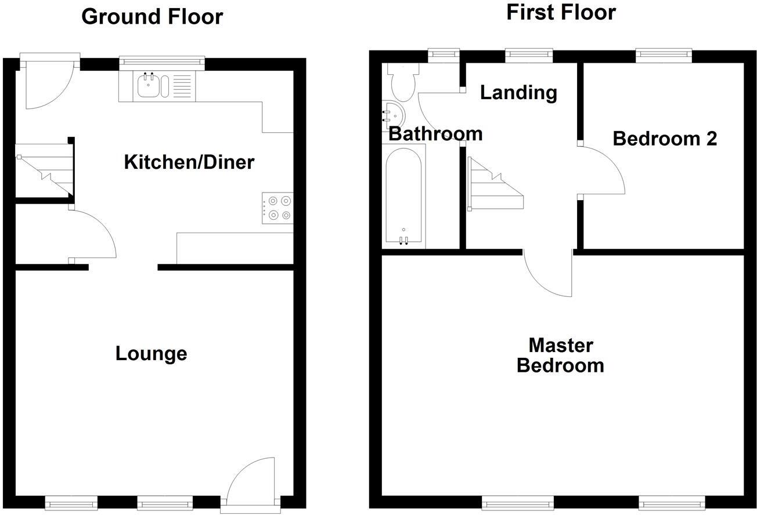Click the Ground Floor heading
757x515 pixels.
click(x=152, y=16)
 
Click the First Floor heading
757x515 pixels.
click(x=561, y=12)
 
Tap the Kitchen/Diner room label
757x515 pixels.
click(x=189, y=162)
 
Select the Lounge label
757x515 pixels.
click(x=151, y=353)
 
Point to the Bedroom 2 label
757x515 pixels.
click(x=665, y=139)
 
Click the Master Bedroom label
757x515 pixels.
click(x=561, y=356)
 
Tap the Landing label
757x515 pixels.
click(x=518, y=92)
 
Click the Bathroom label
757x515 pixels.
click(x=435, y=133)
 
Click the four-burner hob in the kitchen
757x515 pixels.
click(x=277, y=208)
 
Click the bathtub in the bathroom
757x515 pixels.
click(x=404, y=194)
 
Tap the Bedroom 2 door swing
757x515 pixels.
click(x=601, y=171)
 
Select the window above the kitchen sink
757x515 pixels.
click(x=162, y=59)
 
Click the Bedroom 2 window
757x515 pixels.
click(x=664, y=55)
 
